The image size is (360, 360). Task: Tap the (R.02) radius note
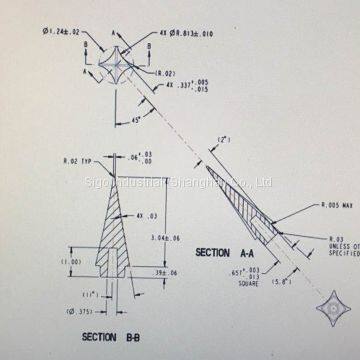(x=165, y=74)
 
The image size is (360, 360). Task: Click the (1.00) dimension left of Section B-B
(x=70, y=262)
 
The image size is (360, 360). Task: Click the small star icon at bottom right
(x=332, y=308)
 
